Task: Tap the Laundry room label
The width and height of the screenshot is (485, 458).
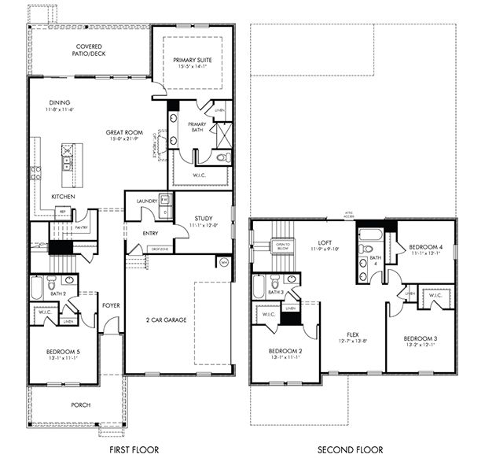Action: (147, 201)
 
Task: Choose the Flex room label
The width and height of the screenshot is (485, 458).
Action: (351, 334)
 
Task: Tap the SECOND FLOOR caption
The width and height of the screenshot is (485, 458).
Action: (351, 450)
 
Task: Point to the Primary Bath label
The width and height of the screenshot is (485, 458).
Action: (197, 127)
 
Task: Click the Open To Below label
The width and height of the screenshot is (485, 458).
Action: (283, 246)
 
